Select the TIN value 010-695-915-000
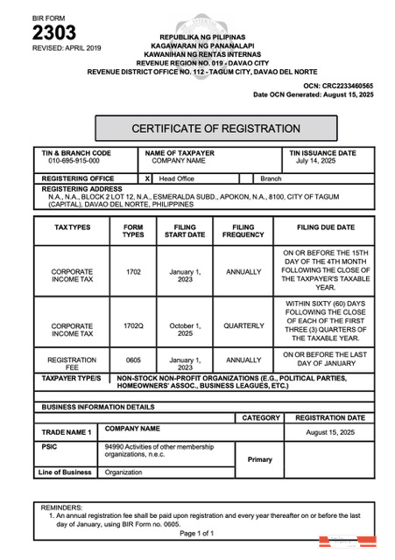click(x=74, y=162)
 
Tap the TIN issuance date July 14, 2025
click(x=315, y=162)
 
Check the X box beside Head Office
click(x=147, y=178)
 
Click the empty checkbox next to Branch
click(x=246, y=178)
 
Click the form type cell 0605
click(x=133, y=360)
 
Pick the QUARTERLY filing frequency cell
click(x=243, y=326)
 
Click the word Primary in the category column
click(x=260, y=459)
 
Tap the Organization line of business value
click(x=123, y=472)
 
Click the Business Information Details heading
click(x=97, y=408)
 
